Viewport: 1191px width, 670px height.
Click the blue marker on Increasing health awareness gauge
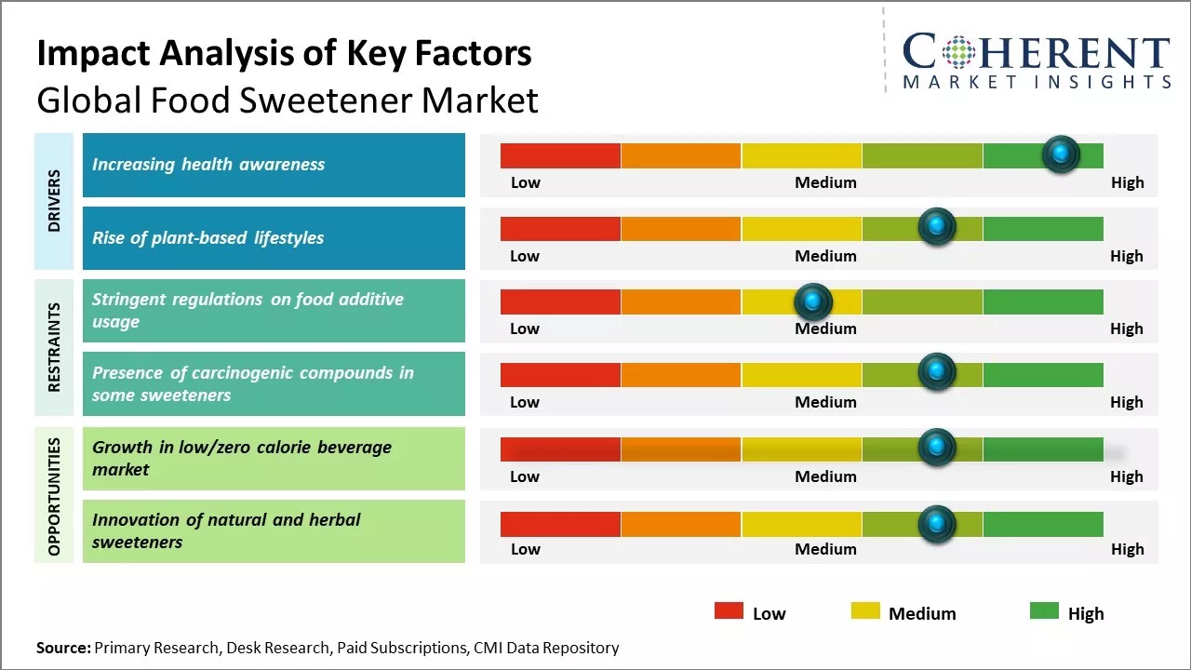pos(1061,154)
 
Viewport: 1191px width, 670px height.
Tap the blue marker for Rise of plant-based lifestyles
pos(937,227)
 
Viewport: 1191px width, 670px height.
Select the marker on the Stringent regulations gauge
pos(813,301)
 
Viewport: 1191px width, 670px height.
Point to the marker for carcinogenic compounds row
pos(937,373)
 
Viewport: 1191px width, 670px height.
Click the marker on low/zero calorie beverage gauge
pos(937,448)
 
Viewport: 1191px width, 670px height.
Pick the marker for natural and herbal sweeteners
pos(937,524)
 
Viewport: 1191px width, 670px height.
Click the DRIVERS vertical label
pos(54,201)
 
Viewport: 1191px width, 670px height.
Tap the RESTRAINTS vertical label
pos(54,346)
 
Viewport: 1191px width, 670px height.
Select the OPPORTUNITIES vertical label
pos(54,496)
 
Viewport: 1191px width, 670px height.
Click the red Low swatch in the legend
pos(729,611)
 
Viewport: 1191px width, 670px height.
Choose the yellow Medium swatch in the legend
pos(865,611)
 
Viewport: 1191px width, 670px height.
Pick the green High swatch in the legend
pos(1044,611)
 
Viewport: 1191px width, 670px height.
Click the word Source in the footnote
pos(63,648)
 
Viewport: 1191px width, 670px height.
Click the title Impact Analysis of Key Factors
pos(284,53)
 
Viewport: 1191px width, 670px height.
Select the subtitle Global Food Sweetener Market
pos(288,100)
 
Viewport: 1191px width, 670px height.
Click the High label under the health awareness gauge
pos(1127,182)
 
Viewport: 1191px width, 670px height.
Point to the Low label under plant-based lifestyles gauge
pos(525,256)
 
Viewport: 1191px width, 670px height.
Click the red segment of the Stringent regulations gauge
pos(560,301)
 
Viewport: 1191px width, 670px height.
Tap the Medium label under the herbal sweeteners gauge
pos(825,549)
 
